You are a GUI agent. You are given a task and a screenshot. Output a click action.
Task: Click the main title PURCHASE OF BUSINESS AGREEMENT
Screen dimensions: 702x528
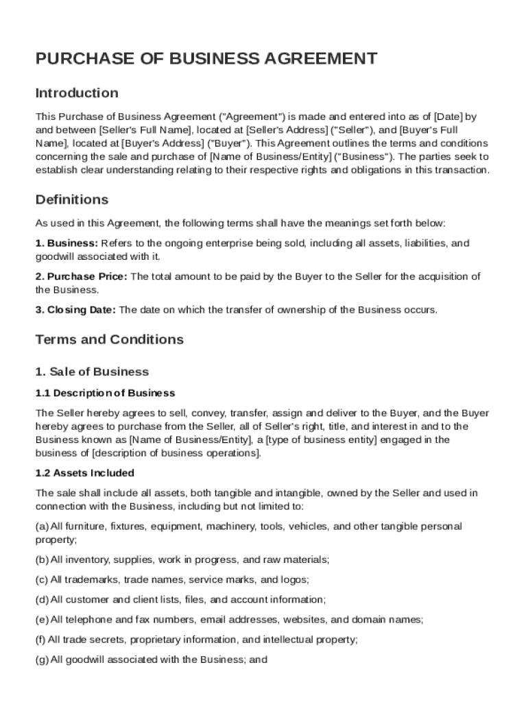[206, 58]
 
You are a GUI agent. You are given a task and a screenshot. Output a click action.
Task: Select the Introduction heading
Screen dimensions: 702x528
[77, 93]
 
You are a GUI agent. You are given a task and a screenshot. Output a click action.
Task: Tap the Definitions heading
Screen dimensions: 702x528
[71, 199]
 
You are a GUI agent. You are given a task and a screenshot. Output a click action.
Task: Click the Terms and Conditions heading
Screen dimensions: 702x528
[109, 339]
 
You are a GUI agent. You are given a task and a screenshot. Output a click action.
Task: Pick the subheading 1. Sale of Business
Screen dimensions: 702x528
[92, 372]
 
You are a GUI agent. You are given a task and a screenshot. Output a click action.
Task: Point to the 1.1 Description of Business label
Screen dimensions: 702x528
[105, 393]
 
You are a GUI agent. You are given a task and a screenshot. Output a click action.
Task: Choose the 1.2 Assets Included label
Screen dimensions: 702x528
[84, 473]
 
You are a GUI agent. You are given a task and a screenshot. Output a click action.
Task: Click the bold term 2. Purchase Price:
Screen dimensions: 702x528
[81, 276]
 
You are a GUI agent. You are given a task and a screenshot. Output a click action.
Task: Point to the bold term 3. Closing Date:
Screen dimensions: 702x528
[76, 310]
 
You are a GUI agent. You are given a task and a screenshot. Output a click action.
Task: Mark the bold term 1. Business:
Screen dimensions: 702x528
[67, 243]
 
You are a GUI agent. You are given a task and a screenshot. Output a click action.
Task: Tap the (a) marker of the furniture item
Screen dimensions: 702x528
[41, 526]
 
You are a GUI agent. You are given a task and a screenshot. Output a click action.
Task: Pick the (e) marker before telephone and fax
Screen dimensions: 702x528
[41, 620]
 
